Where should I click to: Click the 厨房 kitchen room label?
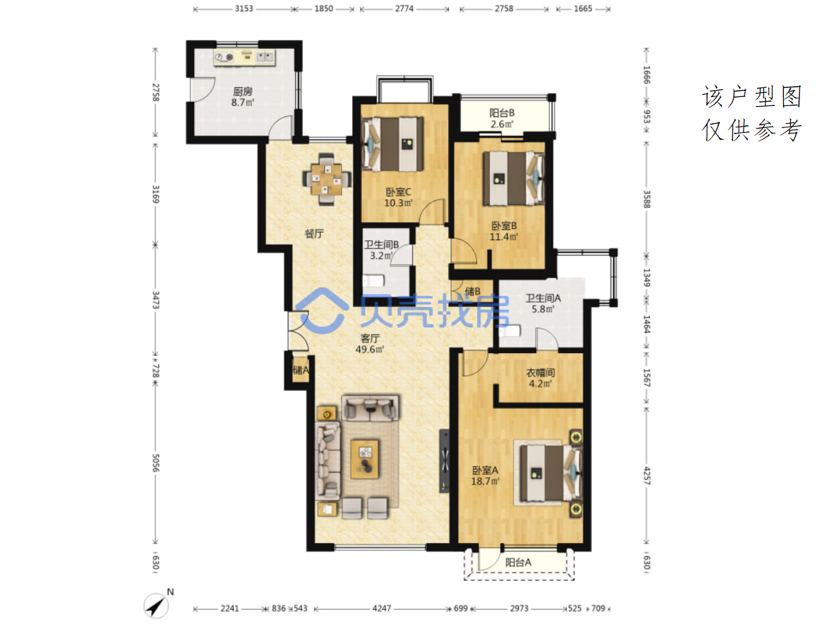click(243, 92)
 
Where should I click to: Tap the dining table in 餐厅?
click(326, 179)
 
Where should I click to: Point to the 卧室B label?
click(504, 226)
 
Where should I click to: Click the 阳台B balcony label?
click(502, 113)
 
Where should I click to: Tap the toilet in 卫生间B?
click(374, 281)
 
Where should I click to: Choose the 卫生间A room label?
click(543, 298)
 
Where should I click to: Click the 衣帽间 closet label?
click(540, 372)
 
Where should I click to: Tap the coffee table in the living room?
click(365, 459)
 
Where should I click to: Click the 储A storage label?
click(301, 370)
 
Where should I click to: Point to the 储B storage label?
click(473, 291)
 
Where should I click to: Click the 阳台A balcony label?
click(518, 562)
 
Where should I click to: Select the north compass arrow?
click(156, 606)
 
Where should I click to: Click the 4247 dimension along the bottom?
click(381, 608)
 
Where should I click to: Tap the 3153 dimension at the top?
click(244, 8)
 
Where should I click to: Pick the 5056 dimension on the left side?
click(155, 463)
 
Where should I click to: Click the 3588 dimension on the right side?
click(647, 199)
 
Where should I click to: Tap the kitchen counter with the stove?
click(244, 57)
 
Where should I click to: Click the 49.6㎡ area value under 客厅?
click(370, 350)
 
